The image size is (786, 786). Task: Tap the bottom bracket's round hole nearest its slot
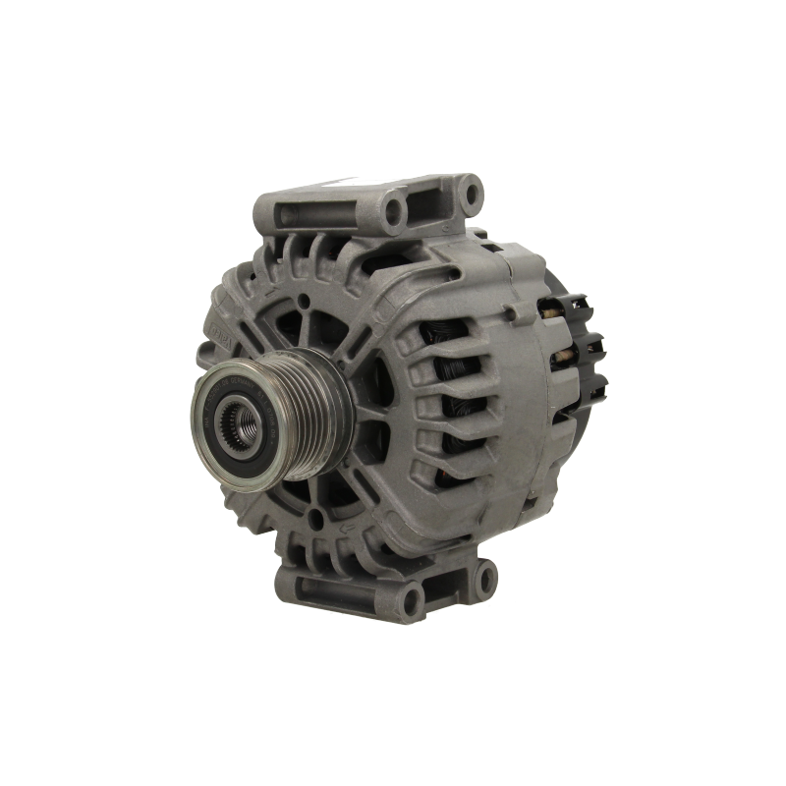click(410, 592)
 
